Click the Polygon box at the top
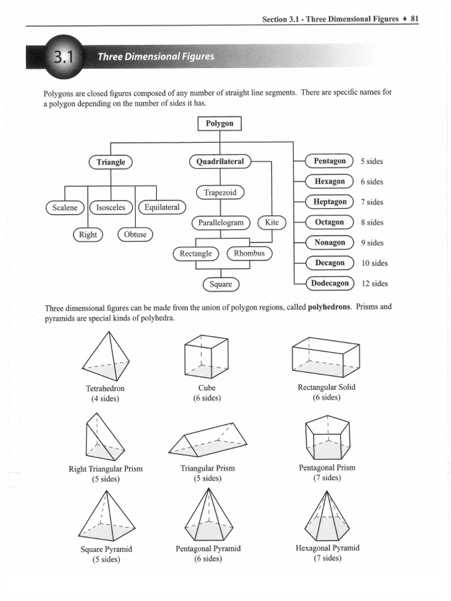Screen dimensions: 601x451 (220, 124)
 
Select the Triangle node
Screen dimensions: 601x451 (111, 162)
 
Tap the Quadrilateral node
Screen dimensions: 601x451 (220, 161)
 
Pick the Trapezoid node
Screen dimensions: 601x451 (220, 193)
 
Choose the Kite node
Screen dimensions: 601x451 (272, 222)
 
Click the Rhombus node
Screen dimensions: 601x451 (250, 254)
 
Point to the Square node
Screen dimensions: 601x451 (221, 284)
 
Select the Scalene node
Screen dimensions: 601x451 (65, 207)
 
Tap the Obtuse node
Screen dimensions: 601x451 (136, 235)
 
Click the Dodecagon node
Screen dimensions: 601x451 (330, 283)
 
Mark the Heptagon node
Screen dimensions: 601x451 (330, 202)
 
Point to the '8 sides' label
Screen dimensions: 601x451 (372, 222)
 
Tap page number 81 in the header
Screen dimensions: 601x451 (415, 18)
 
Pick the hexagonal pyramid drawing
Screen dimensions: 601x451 (329, 515)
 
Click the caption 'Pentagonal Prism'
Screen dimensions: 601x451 (327, 468)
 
